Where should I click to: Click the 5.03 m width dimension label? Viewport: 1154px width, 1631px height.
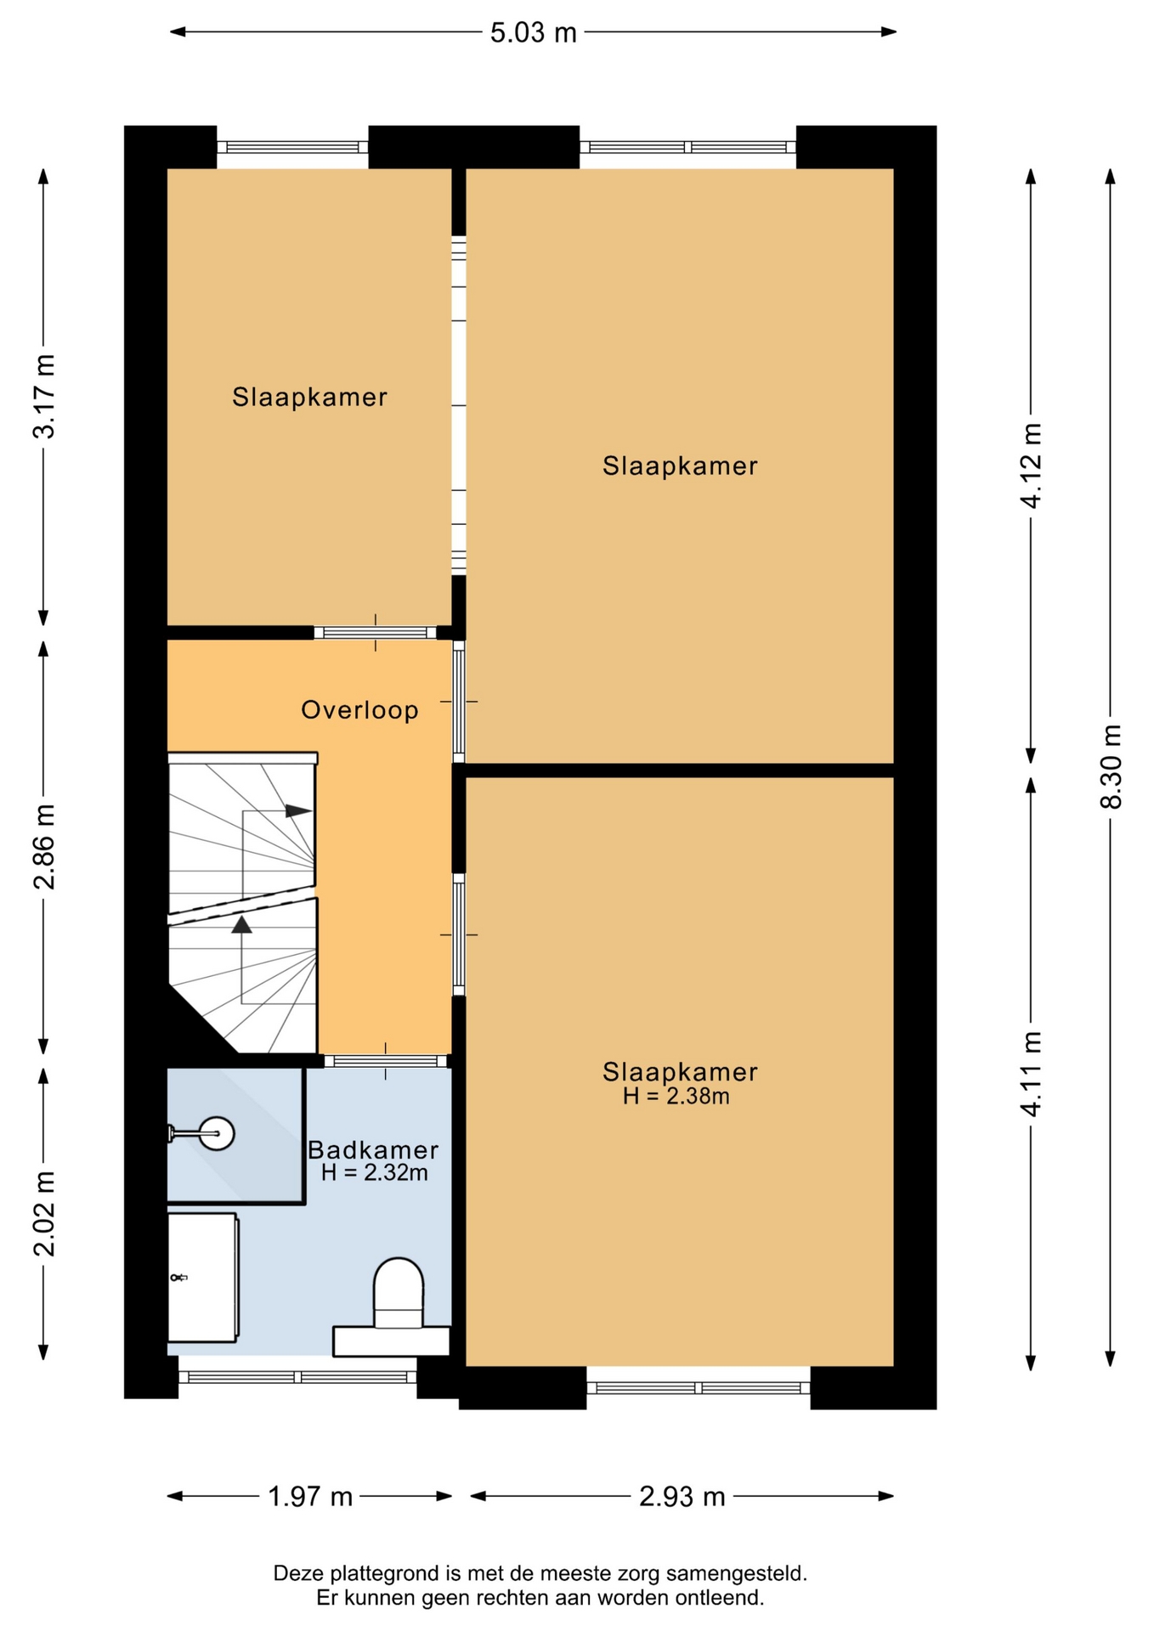coord(533,33)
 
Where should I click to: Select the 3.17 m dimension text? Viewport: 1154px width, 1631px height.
coord(44,397)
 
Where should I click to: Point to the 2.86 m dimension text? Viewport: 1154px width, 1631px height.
coord(44,847)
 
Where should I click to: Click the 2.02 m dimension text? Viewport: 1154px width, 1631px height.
coord(44,1213)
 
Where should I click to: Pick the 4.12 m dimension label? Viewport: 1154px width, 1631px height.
coord(1032,466)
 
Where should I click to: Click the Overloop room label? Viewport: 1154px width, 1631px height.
coord(360,710)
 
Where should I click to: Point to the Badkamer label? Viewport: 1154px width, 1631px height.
coord(373,1150)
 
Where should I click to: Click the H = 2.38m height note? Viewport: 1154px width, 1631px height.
coord(676,1097)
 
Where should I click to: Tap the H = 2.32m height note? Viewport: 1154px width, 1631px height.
coord(375,1173)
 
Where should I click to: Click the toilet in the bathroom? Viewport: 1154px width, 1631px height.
coord(393,1306)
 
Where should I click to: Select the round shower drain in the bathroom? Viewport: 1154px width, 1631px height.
coord(217,1133)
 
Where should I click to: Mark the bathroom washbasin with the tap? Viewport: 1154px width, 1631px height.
coord(202,1277)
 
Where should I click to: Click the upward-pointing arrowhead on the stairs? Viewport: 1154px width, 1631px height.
coord(242,925)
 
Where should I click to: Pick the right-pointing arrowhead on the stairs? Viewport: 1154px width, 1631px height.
coord(298,810)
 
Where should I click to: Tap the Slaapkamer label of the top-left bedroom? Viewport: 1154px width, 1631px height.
coord(310,397)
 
